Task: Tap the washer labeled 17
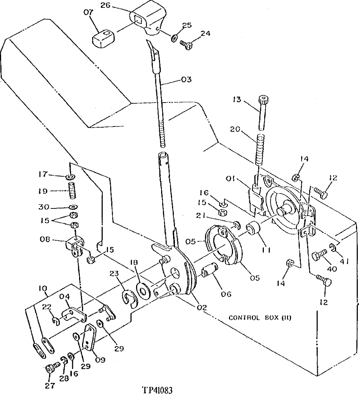click(x=71, y=177)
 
